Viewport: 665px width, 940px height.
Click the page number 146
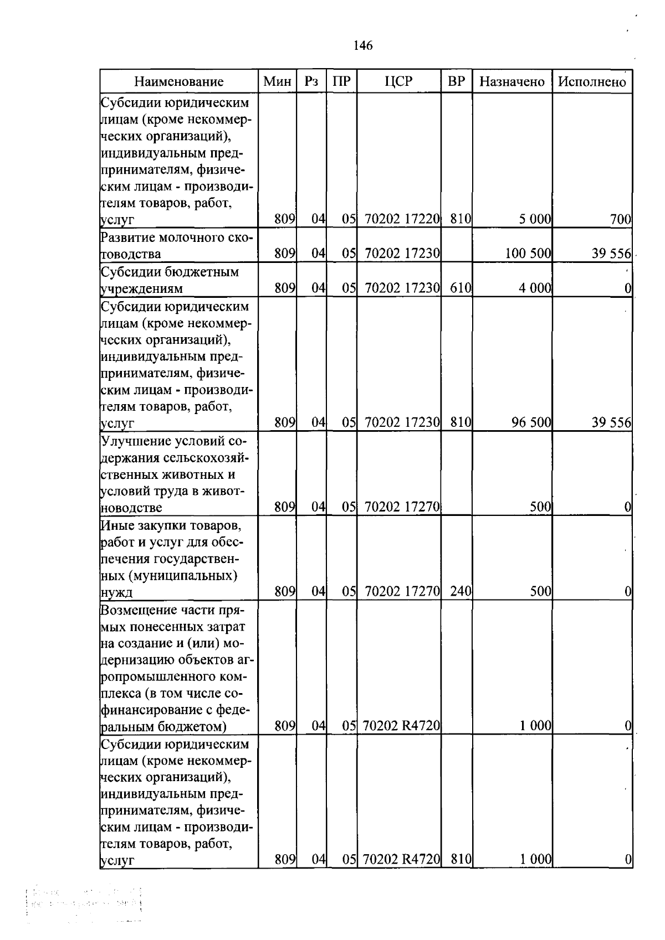point(363,45)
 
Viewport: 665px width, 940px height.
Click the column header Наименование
point(178,82)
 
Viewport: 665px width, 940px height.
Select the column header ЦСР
point(398,81)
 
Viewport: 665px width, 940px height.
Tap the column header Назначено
point(511,82)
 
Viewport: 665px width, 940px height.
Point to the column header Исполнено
point(592,82)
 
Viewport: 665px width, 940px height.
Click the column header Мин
point(277,81)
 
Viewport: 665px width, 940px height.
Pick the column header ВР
point(456,81)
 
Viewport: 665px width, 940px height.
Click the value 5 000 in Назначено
point(535,219)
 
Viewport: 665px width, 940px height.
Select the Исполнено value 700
point(620,219)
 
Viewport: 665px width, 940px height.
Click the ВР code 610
point(460,288)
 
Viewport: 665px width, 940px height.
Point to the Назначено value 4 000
point(535,288)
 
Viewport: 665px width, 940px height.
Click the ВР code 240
point(460,591)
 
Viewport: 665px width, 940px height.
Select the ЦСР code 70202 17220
point(402,219)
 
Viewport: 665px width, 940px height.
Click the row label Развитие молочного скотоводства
point(176,246)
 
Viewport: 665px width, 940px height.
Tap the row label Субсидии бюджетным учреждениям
point(169,280)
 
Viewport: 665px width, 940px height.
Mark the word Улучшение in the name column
point(136,441)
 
